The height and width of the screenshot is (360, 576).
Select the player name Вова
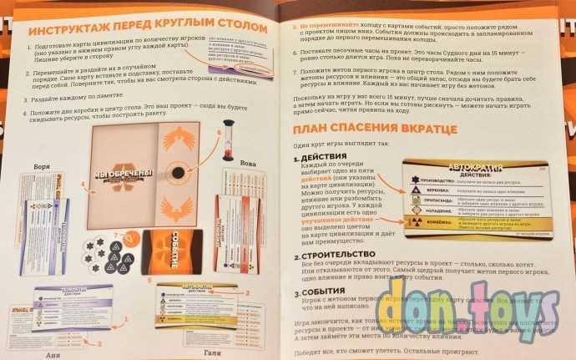pos(248,165)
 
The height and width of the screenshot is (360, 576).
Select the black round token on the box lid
pos(178,172)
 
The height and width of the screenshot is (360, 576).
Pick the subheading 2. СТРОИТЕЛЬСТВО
pos(339,254)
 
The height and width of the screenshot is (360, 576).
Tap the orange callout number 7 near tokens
pos(117,236)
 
